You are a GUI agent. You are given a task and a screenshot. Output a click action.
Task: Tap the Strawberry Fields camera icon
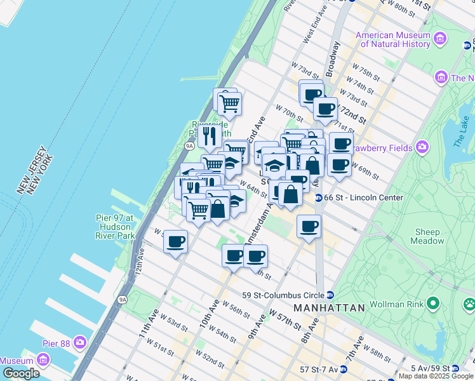[x=421, y=148]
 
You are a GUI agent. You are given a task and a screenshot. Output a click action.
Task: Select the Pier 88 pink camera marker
[x=80, y=343]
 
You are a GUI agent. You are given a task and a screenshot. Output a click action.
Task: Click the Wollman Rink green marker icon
[x=433, y=304]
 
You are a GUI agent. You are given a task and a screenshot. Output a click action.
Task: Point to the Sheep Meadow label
[x=429, y=236]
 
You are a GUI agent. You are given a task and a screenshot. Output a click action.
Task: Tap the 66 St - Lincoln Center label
[x=363, y=197]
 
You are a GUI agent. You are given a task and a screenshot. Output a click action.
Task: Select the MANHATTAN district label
[x=329, y=308]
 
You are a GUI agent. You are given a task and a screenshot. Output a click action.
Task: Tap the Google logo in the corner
[x=22, y=373]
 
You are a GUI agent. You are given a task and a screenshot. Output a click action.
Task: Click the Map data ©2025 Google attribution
[x=436, y=376]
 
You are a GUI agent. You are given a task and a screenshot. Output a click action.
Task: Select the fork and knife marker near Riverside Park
[x=209, y=135]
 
